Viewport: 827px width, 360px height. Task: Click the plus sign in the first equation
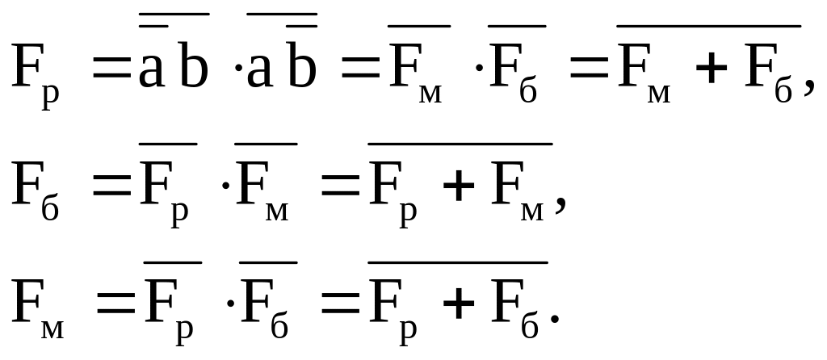(711, 70)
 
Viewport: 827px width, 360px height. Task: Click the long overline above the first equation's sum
(709, 26)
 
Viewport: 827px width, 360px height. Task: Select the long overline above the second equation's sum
(460, 144)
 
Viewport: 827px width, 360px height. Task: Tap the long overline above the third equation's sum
(458, 262)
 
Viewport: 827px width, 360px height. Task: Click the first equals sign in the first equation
(111, 71)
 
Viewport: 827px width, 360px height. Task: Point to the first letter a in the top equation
(152, 72)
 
